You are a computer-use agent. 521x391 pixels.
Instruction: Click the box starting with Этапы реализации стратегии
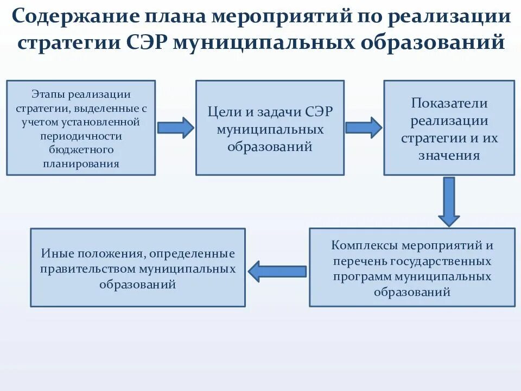click(x=81, y=128)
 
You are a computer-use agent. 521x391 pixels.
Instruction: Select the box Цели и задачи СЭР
click(x=270, y=128)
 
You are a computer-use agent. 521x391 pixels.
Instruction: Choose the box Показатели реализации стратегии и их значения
click(x=449, y=128)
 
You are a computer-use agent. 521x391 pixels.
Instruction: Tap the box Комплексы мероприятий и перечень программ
click(x=412, y=267)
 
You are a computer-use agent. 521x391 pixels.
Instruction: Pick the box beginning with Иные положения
click(x=137, y=267)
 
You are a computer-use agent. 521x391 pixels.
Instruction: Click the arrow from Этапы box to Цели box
click(x=175, y=128)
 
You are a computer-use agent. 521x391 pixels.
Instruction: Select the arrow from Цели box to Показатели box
click(x=364, y=128)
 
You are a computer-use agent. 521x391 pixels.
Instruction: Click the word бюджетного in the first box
click(x=81, y=149)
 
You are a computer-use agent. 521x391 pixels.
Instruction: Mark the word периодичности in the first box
click(x=81, y=136)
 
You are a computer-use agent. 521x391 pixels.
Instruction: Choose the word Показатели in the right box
click(x=449, y=103)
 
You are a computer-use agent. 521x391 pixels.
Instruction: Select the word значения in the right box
click(x=449, y=155)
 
